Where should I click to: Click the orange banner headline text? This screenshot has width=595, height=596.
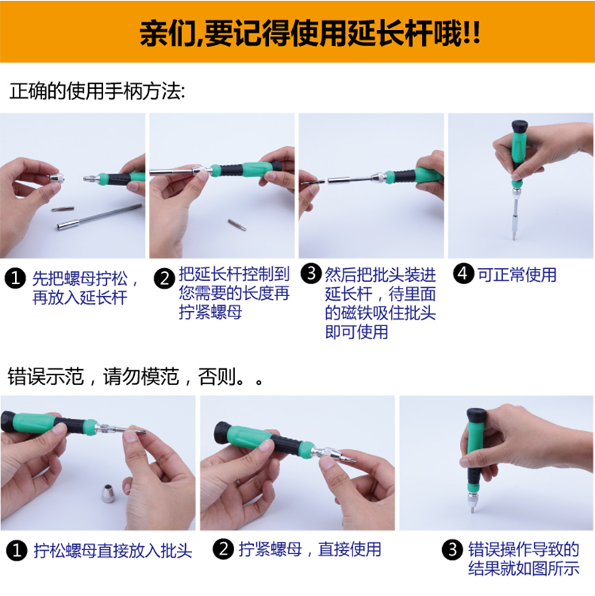(x=310, y=33)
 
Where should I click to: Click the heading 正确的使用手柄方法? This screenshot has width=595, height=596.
(x=97, y=91)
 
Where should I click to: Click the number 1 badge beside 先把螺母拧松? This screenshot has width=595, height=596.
(x=15, y=279)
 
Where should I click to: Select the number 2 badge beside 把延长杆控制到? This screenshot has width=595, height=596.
(x=164, y=279)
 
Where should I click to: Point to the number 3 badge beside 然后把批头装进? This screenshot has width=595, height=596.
(x=311, y=274)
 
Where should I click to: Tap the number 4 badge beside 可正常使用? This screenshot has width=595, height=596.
(x=463, y=274)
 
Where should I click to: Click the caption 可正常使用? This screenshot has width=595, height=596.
(x=517, y=275)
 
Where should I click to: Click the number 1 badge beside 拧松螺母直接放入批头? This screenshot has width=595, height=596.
(x=17, y=550)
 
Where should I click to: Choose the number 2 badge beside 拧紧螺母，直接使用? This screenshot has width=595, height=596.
(x=224, y=549)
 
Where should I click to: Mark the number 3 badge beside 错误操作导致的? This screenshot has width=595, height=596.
(x=453, y=549)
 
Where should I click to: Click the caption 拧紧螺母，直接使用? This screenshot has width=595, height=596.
(x=310, y=549)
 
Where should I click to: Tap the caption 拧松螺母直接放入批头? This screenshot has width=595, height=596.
(x=113, y=551)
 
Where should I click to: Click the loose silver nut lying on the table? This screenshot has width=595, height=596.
(x=109, y=493)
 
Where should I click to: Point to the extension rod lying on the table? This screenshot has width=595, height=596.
(x=99, y=217)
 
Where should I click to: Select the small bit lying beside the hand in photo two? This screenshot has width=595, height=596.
(x=236, y=225)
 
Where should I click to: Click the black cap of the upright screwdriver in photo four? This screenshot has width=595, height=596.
(x=520, y=126)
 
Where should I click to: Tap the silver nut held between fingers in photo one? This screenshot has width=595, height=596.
(x=56, y=179)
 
